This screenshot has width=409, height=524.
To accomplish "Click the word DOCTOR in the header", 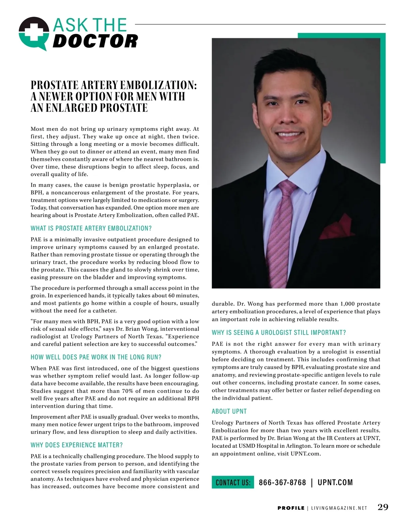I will point(95,41).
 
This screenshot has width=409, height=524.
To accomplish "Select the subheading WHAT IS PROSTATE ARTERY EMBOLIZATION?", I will point(91,228).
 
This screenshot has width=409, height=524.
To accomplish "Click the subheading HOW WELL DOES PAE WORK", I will point(96,357).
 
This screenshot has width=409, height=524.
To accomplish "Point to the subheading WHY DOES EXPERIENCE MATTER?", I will point(77,445).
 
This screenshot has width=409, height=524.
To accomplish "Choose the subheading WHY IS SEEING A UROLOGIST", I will point(279,333).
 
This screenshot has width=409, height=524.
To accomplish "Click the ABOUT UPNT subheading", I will point(229,411).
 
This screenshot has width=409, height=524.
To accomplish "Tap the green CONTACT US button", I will point(233,482).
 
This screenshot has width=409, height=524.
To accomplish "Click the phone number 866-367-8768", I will point(282,482).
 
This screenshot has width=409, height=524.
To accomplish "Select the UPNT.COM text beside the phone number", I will point(335,482).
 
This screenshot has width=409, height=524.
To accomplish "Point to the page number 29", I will point(383,507).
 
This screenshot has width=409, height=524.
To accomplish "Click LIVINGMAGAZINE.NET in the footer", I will point(339,508).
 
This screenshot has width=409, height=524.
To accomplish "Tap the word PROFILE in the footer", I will point(291,508).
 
